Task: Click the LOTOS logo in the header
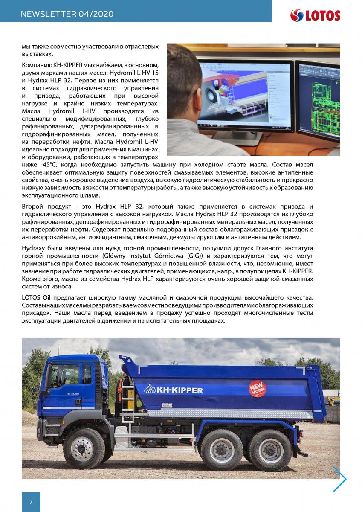pyautogui.click(x=315, y=15)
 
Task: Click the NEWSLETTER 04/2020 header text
pyautogui.click(x=67, y=14)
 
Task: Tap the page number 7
pyautogui.click(x=31, y=502)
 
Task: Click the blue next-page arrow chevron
pyautogui.click(x=340, y=479)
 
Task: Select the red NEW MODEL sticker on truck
pyautogui.click(x=258, y=389)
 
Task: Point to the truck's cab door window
pyautogui.click(x=87, y=374)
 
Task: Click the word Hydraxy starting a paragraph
pyautogui.click(x=36, y=248)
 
